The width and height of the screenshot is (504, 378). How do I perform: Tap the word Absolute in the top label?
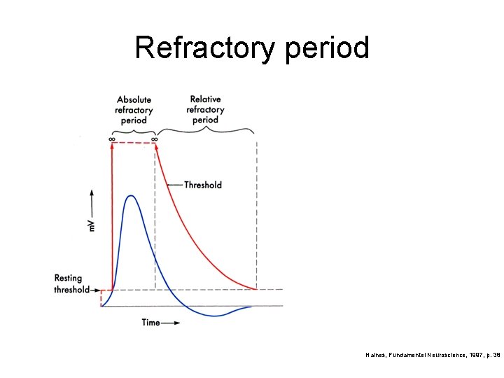coord(134,100)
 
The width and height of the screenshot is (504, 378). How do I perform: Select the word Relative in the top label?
coord(205,100)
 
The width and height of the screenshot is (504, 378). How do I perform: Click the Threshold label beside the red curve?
coord(203,185)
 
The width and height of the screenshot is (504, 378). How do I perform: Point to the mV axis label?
coord(91,226)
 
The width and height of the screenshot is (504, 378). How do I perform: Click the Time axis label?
coord(150,323)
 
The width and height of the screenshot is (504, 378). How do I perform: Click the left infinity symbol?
coord(112,139)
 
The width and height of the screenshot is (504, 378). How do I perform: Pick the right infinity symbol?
coord(155,139)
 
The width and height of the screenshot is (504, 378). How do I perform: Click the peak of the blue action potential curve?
coord(131,196)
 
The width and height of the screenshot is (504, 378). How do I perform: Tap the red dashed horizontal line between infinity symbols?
coord(133,143)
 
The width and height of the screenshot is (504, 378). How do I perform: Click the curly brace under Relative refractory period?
coord(205,130)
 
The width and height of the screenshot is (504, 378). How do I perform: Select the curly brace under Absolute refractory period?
coord(133,130)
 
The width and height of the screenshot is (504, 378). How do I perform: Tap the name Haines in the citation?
coord(376,356)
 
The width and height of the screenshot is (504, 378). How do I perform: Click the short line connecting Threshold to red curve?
coord(175,185)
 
